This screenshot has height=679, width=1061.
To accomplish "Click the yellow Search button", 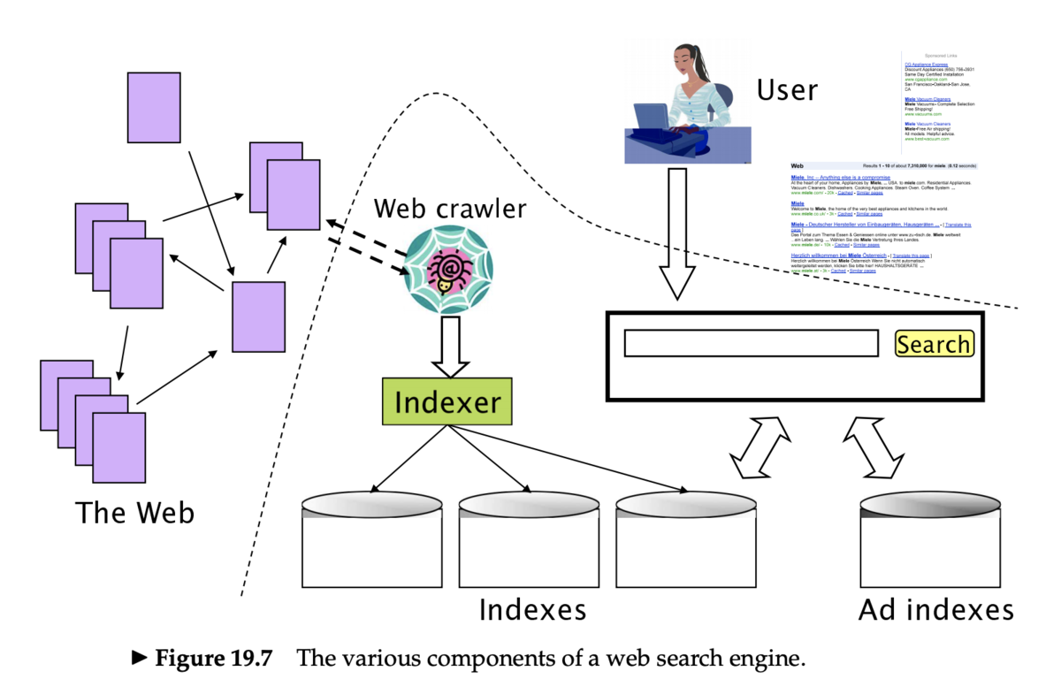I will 934,344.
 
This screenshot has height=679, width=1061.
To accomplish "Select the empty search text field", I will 751,344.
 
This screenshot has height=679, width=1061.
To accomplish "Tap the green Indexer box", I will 447,402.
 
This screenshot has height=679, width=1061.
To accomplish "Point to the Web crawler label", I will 449,209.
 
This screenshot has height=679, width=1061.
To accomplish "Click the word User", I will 787,89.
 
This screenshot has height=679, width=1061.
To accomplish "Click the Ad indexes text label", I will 935,610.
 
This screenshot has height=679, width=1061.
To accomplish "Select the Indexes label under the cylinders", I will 532,610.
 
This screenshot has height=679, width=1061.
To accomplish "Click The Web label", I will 134,512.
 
